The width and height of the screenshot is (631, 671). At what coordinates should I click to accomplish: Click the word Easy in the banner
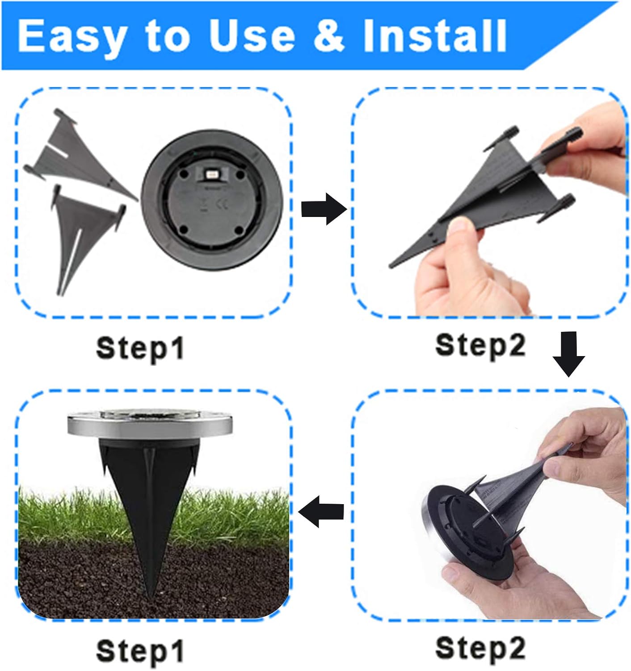pos(72,36)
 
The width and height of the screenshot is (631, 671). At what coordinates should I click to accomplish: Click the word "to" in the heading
pos(168,37)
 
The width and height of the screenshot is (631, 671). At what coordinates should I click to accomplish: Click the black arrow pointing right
pos(324,209)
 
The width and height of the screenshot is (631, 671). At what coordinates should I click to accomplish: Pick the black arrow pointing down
pos(568,354)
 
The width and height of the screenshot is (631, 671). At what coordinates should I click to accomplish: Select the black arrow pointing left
pos(321,511)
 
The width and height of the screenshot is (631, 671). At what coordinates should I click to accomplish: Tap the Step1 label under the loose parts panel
pos(140,348)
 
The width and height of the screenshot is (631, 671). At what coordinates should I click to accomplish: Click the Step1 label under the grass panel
pos(140,650)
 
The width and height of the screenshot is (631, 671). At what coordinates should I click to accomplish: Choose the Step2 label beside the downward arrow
pos(480,346)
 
